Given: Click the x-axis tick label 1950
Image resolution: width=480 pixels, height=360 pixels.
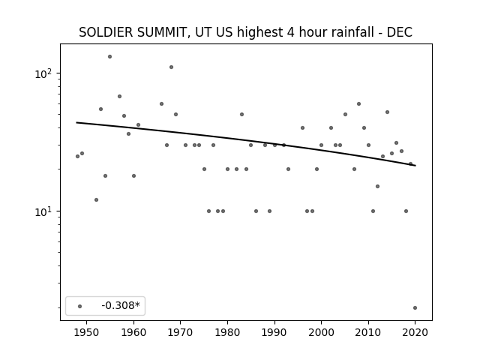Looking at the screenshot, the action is (87, 332).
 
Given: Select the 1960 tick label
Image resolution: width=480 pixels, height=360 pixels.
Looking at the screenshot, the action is (133, 332).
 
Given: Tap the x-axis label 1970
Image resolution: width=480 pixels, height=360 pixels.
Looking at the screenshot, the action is (181, 332).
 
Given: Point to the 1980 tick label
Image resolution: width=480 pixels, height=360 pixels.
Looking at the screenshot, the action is (227, 332).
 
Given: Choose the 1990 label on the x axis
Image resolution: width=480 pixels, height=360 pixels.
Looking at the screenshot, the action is (274, 332).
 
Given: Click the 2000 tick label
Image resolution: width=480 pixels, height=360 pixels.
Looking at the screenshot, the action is (322, 332).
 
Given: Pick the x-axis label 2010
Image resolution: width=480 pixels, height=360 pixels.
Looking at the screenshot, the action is (368, 332).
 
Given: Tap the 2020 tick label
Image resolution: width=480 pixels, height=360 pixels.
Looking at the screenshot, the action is (415, 332).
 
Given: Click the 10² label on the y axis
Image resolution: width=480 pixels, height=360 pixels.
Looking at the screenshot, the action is (44, 73).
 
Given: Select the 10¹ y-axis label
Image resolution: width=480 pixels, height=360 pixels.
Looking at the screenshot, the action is (44, 211).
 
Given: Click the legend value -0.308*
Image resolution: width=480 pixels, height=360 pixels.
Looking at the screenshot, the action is (121, 305).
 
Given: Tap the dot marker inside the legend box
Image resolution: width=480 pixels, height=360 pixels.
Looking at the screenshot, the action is (80, 306).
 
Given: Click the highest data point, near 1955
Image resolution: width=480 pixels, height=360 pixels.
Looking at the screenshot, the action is (110, 57).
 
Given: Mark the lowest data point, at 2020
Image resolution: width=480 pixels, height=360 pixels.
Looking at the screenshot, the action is (415, 308).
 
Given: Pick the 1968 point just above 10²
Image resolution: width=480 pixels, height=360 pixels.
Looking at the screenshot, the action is (172, 67).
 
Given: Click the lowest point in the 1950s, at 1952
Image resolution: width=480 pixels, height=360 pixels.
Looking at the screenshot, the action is (97, 200).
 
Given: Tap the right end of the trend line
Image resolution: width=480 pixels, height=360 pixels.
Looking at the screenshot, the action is (415, 166).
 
